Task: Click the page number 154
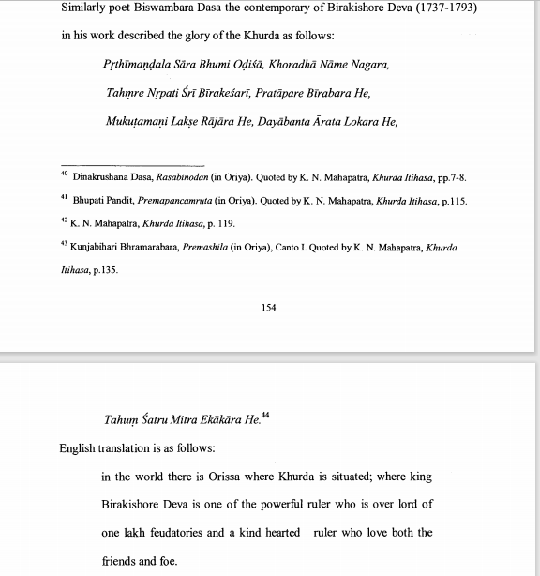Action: [269, 307]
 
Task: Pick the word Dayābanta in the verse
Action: [301, 121]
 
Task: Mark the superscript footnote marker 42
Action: [63, 221]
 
